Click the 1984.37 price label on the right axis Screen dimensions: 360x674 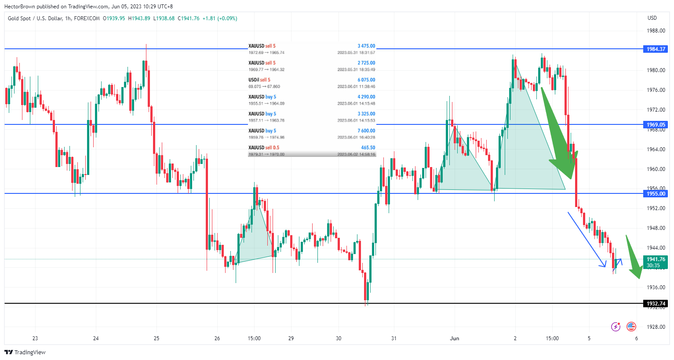(656, 49)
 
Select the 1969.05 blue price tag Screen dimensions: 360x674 (656, 125)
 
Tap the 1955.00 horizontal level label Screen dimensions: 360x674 (656, 194)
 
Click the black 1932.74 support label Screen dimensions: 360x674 (656, 304)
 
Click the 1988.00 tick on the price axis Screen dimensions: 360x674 (656, 31)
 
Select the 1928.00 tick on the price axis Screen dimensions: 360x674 (656, 327)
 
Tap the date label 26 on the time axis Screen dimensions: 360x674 (217, 338)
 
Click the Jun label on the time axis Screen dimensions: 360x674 (455, 338)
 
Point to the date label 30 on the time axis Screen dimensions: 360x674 (339, 338)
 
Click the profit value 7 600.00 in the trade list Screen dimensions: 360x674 (366, 131)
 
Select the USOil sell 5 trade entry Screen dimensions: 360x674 (259, 80)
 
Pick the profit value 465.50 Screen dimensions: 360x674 (368, 148)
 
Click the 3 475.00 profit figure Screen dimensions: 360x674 (366, 46)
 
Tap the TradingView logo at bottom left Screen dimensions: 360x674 (25, 352)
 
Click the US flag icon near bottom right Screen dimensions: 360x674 (631, 327)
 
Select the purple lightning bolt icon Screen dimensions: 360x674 (616, 327)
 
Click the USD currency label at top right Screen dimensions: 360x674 (652, 18)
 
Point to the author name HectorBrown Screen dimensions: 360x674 (19, 7)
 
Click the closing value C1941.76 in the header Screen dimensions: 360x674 (189, 18)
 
